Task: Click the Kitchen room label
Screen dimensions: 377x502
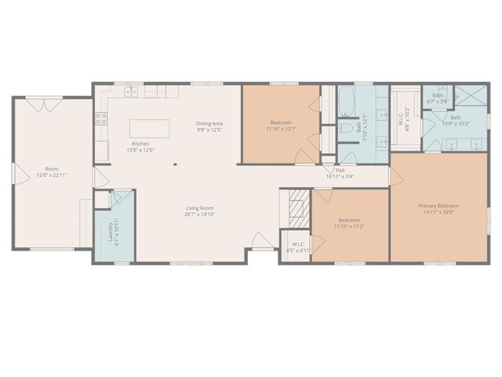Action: pyautogui.click(x=140, y=144)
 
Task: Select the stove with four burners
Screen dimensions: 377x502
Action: pyautogui.click(x=101, y=119)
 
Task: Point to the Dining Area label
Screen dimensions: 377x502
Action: pyautogui.click(x=210, y=123)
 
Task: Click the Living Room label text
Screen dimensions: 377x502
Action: pyautogui.click(x=200, y=208)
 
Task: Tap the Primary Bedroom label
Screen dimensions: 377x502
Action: pyautogui.click(x=438, y=206)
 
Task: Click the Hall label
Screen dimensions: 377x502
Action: pyautogui.click(x=340, y=170)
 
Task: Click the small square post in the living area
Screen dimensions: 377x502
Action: pyautogui.click(x=176, y=165)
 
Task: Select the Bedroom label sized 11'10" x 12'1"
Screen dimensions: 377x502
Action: pyautogui.click(x=282, y=123)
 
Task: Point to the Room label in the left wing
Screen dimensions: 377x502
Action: pyautogui.click(x=51, y=169)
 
